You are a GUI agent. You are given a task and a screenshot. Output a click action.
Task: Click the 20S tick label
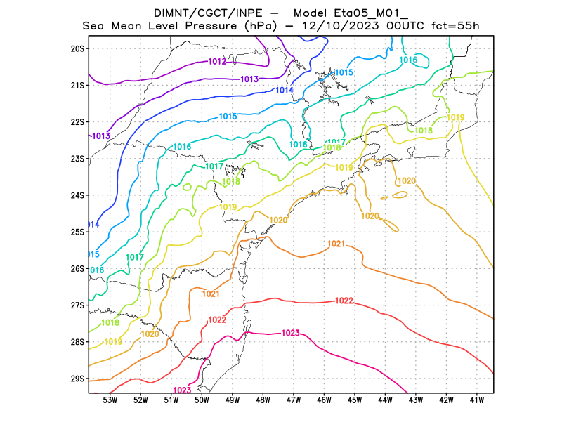click(77, 48)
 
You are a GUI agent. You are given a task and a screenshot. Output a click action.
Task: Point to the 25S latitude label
click(77, 232)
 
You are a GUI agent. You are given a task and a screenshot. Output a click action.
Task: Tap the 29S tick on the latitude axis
click(77, 379)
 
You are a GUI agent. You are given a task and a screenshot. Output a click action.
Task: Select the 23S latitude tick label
click(77, 159)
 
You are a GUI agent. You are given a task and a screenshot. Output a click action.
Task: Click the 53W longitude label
click(110, 400)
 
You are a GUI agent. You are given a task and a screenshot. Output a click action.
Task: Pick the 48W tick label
click(263, 400)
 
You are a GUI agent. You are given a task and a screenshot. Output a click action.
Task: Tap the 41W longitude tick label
click(478, 400)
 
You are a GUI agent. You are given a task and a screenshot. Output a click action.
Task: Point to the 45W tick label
click(355, 400)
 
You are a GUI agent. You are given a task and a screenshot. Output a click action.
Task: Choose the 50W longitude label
click(202, 400)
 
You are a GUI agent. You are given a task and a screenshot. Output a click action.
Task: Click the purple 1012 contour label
click(217, 62)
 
